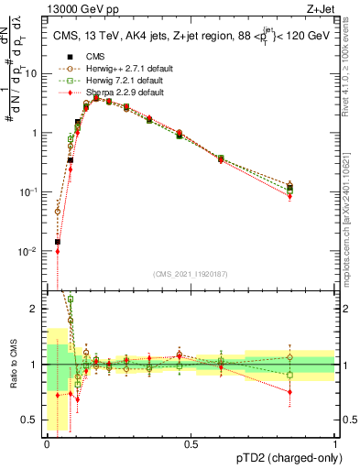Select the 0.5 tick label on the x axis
pyautogui.click(x=191, y=444)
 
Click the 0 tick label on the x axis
pyautogui.click(x=46, y=444)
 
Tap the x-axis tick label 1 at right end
pyautogui.click(x=334, y=444)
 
